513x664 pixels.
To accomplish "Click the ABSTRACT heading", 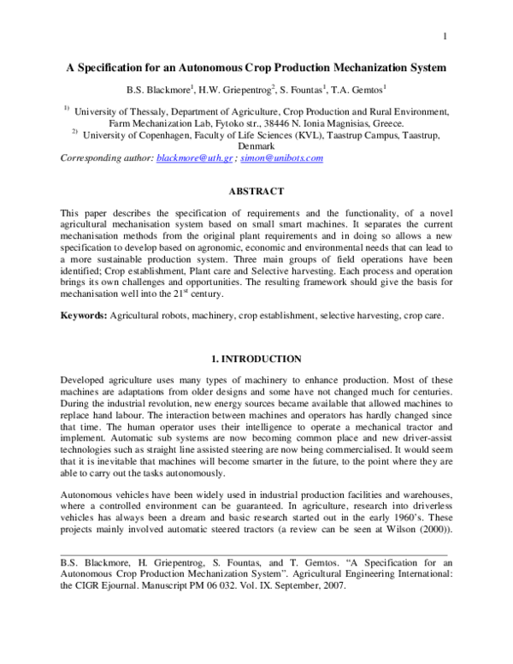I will [256, 193].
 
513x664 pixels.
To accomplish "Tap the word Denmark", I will [256, 146].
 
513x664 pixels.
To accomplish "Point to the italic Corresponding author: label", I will [106, 158].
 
